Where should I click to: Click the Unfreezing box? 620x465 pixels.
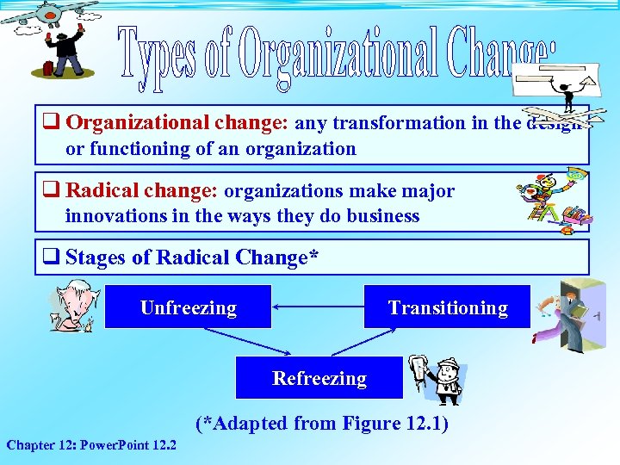pos(188,307)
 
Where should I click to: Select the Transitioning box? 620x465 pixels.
pos(447,307)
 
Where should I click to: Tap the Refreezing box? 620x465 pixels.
pos(319,378)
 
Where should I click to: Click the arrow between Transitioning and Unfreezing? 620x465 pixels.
pos(317,307)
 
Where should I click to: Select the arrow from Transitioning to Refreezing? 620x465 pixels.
pos(371,341)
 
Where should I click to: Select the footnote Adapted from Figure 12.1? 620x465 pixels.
pos(322,423)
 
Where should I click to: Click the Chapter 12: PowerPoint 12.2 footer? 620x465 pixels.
pos(91,445)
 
